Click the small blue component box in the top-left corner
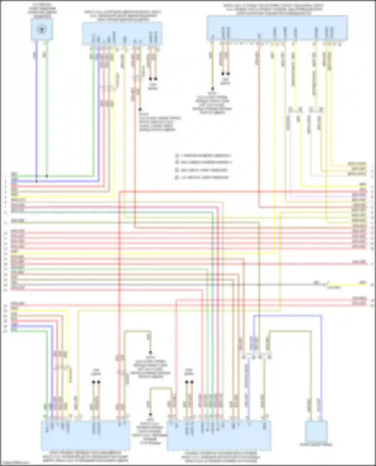[x=42, y=30]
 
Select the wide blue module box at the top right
[x=277, y=28]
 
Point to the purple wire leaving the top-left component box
[x=37, y=100]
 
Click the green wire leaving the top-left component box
[x=47, y=100]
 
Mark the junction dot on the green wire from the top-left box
[x=47, y=176]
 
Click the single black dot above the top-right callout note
[x=212, y=89]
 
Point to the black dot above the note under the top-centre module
[x=140, y=109]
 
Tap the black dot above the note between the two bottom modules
[x=151, y=415]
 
